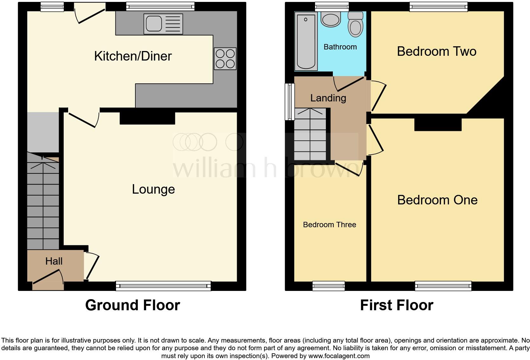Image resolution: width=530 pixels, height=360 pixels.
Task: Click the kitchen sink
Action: [163, 24]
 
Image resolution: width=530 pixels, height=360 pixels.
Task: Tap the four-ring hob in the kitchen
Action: [225, 59]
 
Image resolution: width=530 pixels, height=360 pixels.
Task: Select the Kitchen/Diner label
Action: [133, 56]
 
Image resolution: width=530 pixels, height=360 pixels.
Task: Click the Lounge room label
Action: [153, 189]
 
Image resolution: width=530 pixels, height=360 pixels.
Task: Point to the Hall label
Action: [54, 261]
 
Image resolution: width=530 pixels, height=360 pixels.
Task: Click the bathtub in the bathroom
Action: [306, 41]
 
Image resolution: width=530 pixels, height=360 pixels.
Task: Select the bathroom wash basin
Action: [331, 19]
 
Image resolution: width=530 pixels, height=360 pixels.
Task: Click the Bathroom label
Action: [340, 47]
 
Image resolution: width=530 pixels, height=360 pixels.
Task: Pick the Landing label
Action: [328, 98]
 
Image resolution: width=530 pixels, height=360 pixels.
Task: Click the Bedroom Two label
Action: [436, 51]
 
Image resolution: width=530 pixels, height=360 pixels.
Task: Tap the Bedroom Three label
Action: [329, 225]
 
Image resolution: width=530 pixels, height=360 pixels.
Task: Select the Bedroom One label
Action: [437, 200]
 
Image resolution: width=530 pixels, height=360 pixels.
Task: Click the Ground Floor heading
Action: [132, 305]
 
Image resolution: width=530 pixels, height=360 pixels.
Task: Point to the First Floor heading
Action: [397, 305]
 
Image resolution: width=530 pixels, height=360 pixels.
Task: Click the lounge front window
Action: [163, 286]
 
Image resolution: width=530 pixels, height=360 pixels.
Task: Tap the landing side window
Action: [289, 101]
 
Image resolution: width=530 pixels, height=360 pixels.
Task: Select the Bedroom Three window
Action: [328, 286]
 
